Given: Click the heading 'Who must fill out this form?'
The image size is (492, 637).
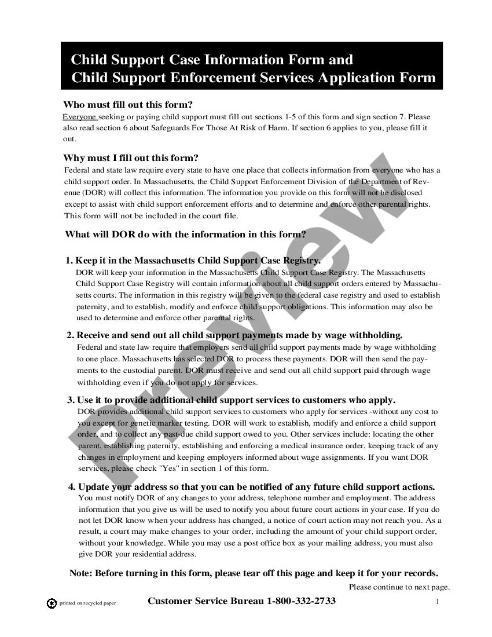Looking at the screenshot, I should coord(127,105).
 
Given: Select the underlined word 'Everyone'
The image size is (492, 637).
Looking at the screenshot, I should coord(79,116).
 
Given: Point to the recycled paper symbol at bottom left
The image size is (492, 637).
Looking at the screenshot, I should coord(52,603).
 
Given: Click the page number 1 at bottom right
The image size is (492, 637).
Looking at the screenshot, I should coord(438,602).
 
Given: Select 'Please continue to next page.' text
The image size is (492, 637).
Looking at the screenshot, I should coord(399,587).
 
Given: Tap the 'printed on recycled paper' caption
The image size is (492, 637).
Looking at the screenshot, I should coord(88,603).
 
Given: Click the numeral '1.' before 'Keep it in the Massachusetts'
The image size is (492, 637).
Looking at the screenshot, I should coord(69,261).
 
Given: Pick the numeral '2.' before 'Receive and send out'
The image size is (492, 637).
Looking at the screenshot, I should coord(70,335).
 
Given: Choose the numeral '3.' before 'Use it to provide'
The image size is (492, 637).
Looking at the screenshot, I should coord(70,400).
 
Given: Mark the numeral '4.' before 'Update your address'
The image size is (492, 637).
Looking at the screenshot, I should coord(72,486).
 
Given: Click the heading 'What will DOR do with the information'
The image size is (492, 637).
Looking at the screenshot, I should coord(185,235).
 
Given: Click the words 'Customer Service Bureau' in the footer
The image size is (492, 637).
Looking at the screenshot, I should coord(206,601).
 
